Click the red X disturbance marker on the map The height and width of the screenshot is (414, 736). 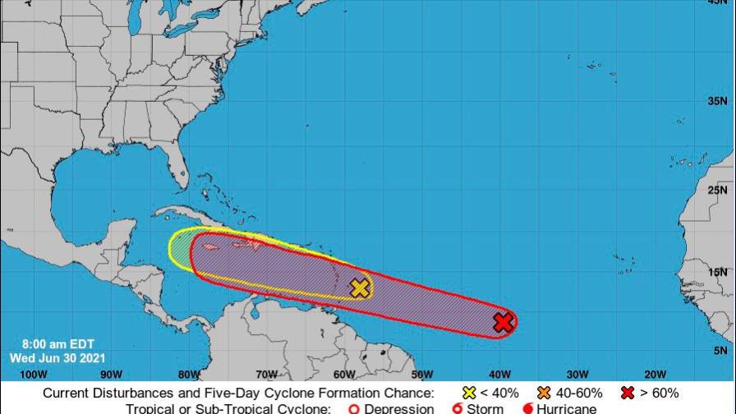[504, 323]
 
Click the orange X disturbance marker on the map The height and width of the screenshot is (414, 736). [360, 287]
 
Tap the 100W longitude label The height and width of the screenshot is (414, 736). [32, 375]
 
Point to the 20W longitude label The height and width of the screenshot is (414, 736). [655, 375]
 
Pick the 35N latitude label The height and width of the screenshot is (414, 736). [718, 101]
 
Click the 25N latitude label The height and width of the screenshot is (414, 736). [718, 191]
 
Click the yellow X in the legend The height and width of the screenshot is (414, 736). [468, 393]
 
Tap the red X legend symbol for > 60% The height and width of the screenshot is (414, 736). [628, 393]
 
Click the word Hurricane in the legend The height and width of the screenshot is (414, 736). [567, 408]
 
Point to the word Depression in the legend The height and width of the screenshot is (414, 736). [398, 408]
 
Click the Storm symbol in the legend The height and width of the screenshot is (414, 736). [458, 408]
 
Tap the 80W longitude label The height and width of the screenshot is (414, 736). [188, 375]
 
